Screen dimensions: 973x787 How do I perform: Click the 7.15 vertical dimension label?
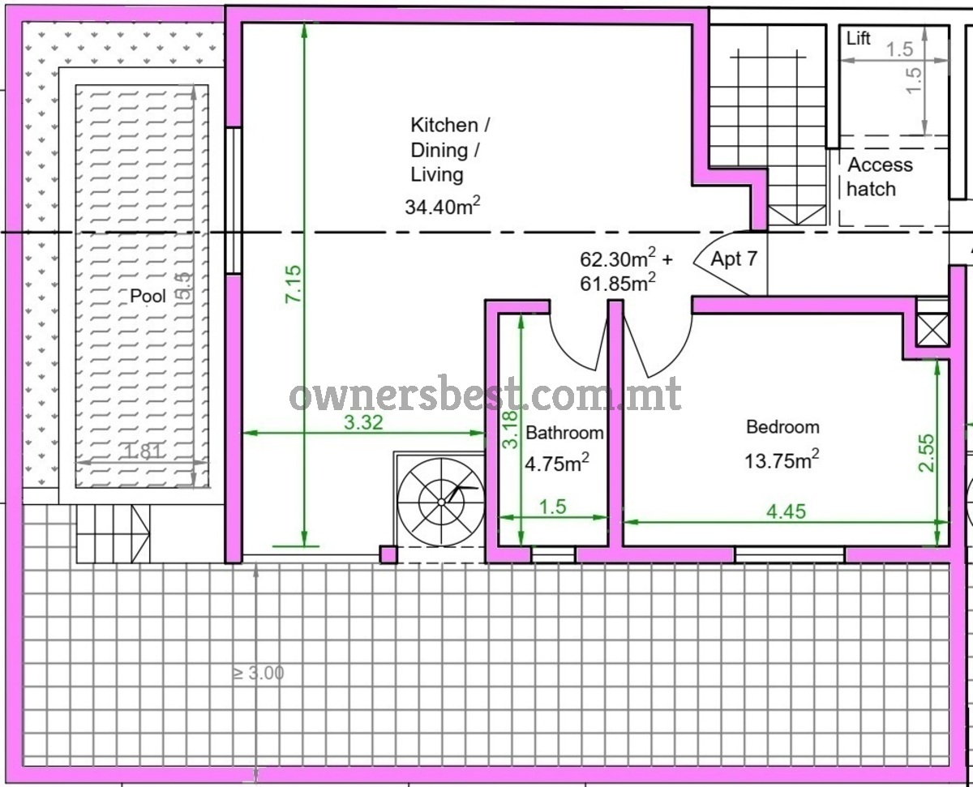pyautogui.click(x=294, y=284)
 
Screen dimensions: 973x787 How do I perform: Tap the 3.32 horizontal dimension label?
pyautogui.click(x=363, y=422)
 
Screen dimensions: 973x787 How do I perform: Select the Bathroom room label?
pyautogui.click(x=564, y=433)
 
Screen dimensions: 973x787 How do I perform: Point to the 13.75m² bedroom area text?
pyautogui.click(x=782, y=460)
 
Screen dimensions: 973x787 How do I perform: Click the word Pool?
pyautogui.click(x=148, y=296)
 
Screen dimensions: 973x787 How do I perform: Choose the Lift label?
pyautogui.click(x=859, y=38)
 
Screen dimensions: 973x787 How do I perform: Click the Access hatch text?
pyautogui.click(x=880, y=177)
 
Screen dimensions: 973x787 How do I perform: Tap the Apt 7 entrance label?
pyautogui.click(x=734, y=259)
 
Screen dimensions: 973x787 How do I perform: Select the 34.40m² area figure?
pyautogui.click(x=442, y=206)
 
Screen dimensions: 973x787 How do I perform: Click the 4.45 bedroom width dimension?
pyautogui.click(x=787, y=511)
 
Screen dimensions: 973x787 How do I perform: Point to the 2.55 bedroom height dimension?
pyautogui.click(x=927, y=453)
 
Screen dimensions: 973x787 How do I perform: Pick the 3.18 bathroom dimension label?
pyautogui.click(x=510, y=430)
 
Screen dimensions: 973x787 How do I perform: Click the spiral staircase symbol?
pyautogui.click(x=441, y=503)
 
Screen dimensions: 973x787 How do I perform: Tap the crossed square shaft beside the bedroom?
pyautogui.click(x=932, y=330)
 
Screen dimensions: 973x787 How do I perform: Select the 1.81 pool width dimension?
pyautogui.click(x=143, y=451)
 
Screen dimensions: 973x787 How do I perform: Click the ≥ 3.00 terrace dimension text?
pyautogui.click(x=259, y=673)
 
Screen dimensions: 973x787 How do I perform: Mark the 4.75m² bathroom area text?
pyautogui.click(x=557, y=463)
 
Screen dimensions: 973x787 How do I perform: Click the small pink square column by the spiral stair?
pyautogui.click(x=388, y=554)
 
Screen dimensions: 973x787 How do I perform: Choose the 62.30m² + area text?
pyautogui.click(x=626, y=258)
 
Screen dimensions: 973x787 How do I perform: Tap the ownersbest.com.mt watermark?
pyautogui.click(x=486, y=395)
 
